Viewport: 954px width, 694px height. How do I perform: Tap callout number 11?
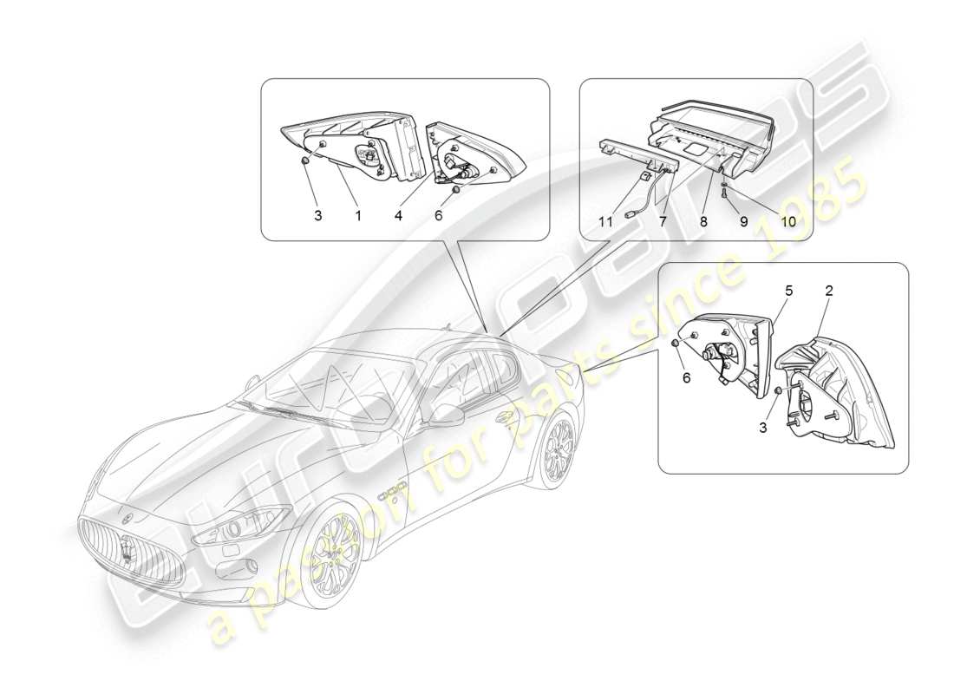(605, 222)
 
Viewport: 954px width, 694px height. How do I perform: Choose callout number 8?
(703, 222)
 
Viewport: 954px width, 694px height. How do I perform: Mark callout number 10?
(787, 222)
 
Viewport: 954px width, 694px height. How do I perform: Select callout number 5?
(788, 291)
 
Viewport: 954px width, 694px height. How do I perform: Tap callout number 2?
(828, 291)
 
